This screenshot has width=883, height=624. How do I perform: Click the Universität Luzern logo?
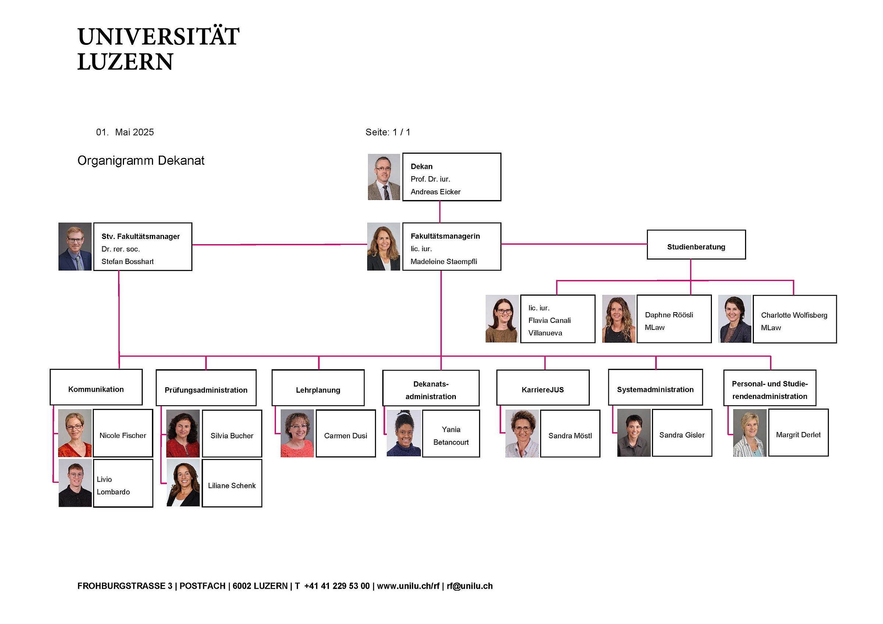158,49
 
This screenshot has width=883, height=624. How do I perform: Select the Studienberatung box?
696,245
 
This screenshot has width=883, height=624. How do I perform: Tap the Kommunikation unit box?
96,387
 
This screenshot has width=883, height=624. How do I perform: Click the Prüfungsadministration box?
206,388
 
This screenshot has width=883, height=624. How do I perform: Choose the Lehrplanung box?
318,388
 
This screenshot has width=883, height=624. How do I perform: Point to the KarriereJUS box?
542,388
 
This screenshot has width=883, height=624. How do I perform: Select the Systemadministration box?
655,388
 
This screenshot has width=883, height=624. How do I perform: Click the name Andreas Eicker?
435,192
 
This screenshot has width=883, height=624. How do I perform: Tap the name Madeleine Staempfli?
443,261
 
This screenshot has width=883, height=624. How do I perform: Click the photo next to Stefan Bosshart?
75,246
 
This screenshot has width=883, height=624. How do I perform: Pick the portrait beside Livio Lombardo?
75,483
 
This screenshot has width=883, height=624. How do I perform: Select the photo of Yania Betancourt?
404,433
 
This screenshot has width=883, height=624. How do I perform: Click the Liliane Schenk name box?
231,483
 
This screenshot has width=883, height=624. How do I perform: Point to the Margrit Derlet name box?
798,433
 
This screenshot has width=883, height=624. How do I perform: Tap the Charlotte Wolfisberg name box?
794,319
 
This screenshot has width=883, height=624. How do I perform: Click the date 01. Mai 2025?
125,132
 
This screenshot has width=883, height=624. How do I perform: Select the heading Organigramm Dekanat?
141,160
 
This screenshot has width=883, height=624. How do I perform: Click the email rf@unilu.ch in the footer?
469,586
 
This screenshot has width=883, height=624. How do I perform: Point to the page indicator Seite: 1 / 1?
388,132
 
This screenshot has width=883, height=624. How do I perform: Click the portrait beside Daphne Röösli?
618,319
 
